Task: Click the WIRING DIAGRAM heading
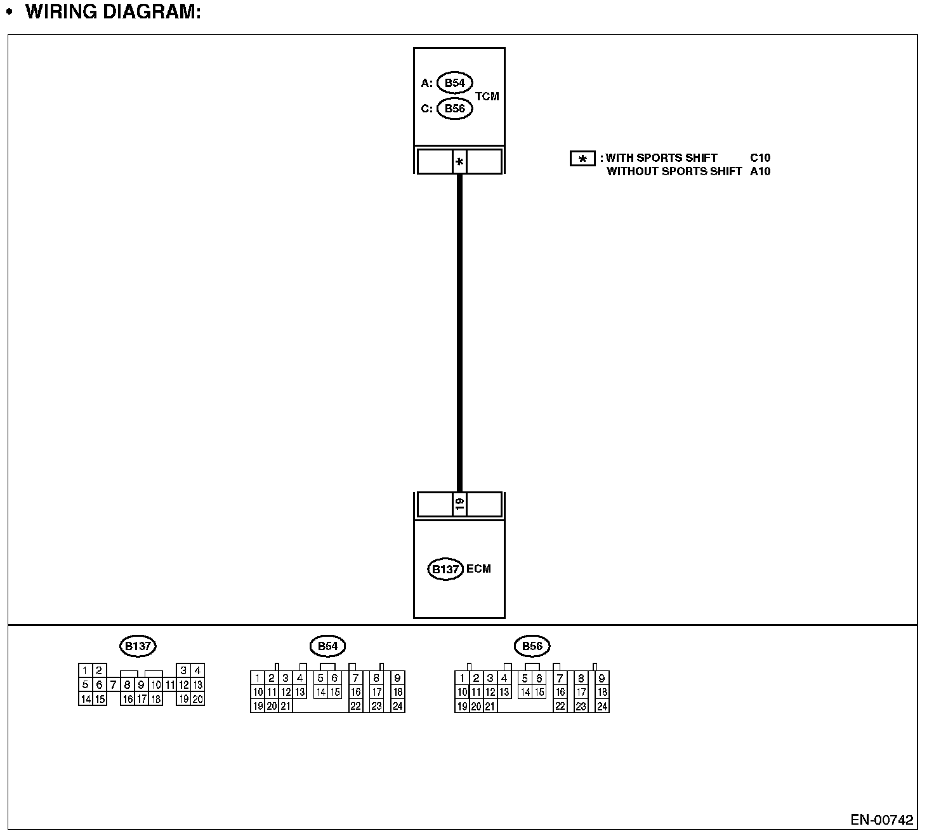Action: click(x=113, y=11)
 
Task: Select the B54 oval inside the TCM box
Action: click(x=454, y=83)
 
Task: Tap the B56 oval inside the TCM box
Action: click(x=454, y=109)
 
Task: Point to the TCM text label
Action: click(x=487, y=96)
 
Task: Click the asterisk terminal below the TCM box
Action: click(x=459, y=162)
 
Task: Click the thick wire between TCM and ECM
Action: click(x=459, y=330)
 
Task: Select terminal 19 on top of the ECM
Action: click(x=459, y=505)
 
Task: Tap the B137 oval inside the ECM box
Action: click(x=445, y=569)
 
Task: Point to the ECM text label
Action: click(x=478, y=569)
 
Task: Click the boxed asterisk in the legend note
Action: click(x=582, y=159)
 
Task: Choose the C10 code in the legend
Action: click(x=760, y=158)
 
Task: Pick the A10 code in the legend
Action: click(x=760, y=171)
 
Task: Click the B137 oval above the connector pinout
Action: click(x=138, y=646)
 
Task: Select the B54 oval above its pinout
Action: click(x=327, y=646)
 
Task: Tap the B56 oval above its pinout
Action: click(x=532, y=646)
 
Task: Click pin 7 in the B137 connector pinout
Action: click(x=113, y=685)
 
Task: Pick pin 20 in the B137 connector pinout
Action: click(x=197, y=699)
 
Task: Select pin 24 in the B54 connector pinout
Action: click(x=398, y=706)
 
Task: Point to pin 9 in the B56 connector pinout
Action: click(x=602, y=678)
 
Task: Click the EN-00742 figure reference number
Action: click(x=882, y=820)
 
